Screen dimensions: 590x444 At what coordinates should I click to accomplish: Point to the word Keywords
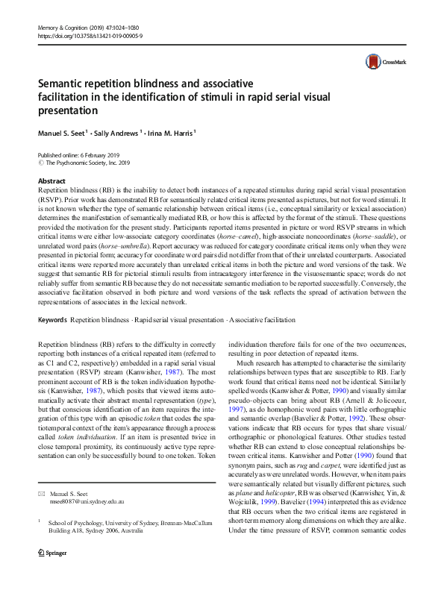(x=51, y=318)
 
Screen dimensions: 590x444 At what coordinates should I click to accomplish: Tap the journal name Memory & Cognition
(x=66, y=6)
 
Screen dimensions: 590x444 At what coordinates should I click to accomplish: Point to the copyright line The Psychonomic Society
(x=84, y=161)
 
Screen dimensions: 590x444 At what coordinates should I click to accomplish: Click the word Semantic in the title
(x=63, y=83)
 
